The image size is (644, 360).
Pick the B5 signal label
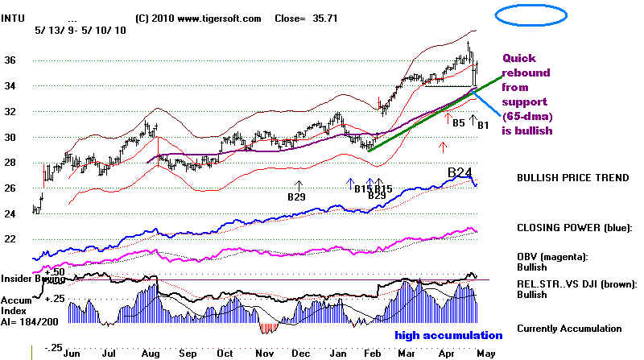(x=456, y=124)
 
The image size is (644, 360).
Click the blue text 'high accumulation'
(x=448, y=335)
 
